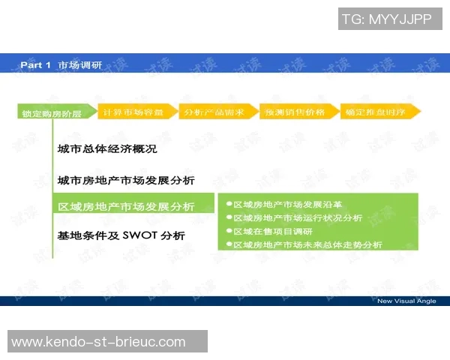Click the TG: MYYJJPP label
pyautogui.click(x=386, y=19)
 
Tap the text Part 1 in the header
pyautogui.click(x=35, y=65)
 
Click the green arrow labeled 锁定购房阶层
pyautogui.click(x=52, y=112)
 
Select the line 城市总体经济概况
pyautogui.click(x=107, y=149)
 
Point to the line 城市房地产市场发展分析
pyautogui.click(x=126, y=181)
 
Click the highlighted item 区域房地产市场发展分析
pyautogui.click(x=126, y=206)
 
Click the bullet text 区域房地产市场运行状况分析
pyautogui.click(x=298, y=217)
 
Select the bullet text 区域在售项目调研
pyautogui.click(x=272, y=231)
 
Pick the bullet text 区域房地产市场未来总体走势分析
pyautogui.click(x=307, y=244)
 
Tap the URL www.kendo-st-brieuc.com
pyautogui.click(x=98, y=342)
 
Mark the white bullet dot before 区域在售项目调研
pyautogui.click(x=228, y=231)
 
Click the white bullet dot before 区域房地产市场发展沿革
pyautogui.click(x=228, y=204)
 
